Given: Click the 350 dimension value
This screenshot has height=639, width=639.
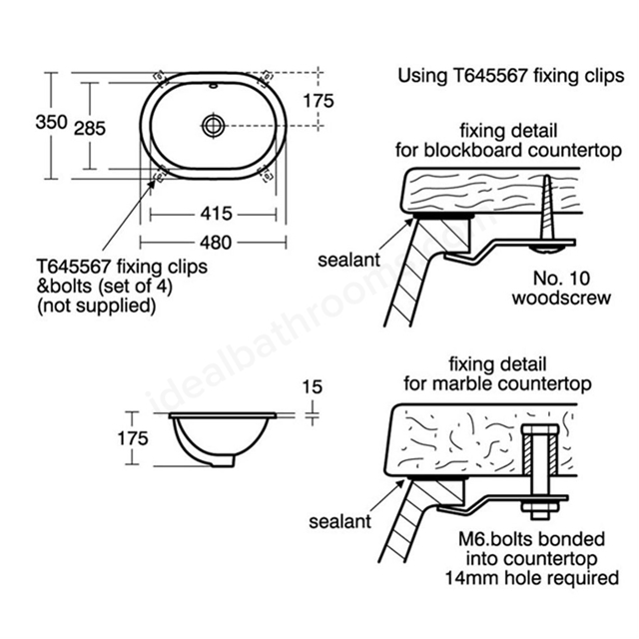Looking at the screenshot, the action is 51,122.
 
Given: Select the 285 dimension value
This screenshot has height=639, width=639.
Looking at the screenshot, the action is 90,129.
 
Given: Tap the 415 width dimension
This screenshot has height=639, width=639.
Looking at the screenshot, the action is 216,214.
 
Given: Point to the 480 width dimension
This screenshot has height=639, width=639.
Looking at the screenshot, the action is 216,243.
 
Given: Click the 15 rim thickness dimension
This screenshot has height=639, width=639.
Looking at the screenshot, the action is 313,386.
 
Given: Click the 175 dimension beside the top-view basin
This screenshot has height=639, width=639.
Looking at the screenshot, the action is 319,101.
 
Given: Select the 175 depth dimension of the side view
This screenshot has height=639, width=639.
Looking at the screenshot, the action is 133,438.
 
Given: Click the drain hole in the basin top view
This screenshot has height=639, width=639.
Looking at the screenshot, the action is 213,125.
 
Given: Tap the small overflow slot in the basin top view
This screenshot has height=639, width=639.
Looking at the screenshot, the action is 214,86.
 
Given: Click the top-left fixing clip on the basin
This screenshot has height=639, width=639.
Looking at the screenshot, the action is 160,77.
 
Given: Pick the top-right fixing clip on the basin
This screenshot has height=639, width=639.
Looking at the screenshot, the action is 266,77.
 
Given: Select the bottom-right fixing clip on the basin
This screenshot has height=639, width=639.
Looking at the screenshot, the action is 266,174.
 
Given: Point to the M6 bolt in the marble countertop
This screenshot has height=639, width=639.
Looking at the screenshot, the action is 539,472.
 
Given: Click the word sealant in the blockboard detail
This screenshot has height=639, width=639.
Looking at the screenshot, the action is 348,260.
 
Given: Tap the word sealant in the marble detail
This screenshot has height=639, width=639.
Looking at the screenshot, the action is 339,521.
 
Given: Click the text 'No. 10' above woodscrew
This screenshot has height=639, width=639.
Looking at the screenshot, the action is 561,279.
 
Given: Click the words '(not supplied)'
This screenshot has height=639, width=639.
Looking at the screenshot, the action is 97,306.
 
